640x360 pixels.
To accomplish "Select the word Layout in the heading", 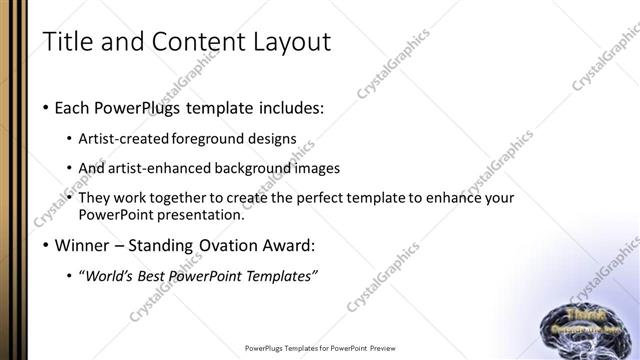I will click(282, 43).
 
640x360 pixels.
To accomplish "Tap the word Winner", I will click(83, 245).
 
